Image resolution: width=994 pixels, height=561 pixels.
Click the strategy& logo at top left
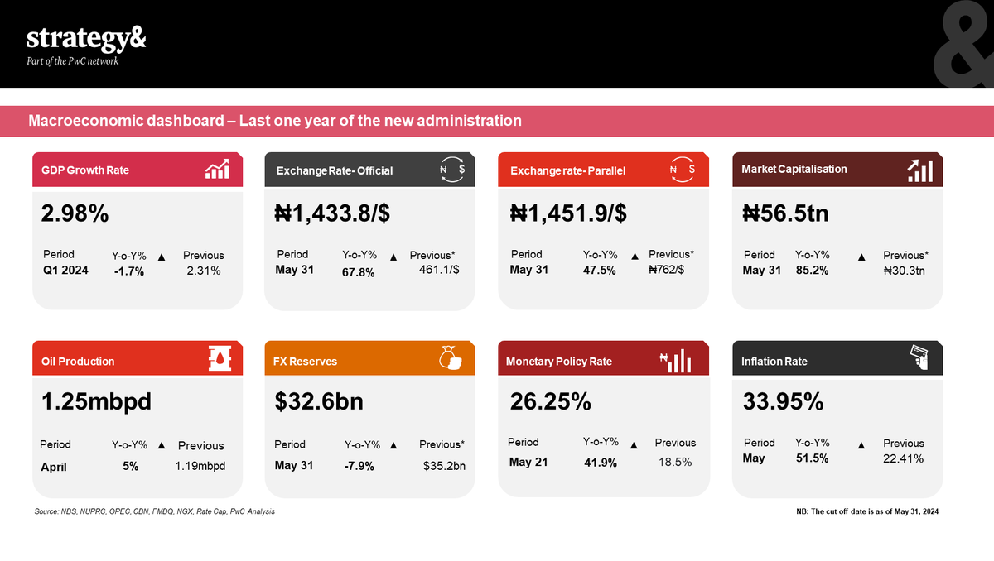tap(86, 40)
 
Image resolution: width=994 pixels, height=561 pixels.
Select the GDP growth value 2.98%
tap(75, 213)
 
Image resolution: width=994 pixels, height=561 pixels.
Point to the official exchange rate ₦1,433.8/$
tap(332, 213)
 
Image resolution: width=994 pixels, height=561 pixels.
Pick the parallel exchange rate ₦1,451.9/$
tap(568, 213)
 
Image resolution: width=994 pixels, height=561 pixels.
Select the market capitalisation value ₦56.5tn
tap(786, 213)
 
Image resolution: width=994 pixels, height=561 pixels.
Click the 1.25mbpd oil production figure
tap(96, 402)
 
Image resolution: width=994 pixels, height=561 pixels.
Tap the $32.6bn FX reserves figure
tap(319, 402)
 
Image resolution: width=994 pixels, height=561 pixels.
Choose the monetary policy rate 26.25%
tap(551, 402)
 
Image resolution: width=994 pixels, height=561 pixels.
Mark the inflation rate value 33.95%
tap(784, 402)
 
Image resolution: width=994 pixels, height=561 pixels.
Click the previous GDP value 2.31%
tap(203, 271)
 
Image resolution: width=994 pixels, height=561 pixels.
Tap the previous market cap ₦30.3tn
tap(905, 271)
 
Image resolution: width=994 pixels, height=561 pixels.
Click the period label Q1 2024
tap(65, 271)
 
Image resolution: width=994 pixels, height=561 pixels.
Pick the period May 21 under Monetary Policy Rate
tap(528, 462)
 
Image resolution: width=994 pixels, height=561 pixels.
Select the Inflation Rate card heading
tap(774, 362)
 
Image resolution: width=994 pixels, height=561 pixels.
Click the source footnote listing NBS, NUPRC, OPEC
tap(155, 511)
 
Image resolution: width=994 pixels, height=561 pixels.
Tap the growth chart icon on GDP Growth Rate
tap(217, 170)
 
